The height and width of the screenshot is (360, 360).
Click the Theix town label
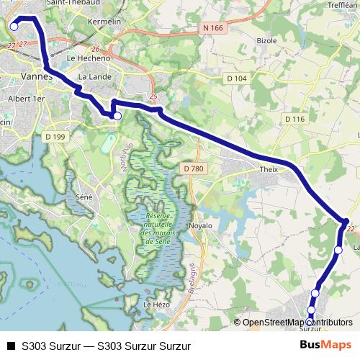[x=269, y=171]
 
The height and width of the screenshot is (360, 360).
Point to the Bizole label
[x=266, y=40]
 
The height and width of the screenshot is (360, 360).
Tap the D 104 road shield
[x=235, y=78]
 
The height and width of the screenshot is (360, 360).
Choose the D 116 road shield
[x=295, y=119]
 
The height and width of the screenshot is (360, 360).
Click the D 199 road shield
[x=55, y=136]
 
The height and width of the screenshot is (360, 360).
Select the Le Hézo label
[x=156, y=305]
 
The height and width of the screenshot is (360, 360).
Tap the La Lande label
[x=92, y=76]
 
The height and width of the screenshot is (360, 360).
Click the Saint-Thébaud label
[x=72, y=3]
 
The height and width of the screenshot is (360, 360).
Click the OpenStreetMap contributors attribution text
[x=298, y=323]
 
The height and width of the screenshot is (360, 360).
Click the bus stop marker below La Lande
[x=117, y=114]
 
